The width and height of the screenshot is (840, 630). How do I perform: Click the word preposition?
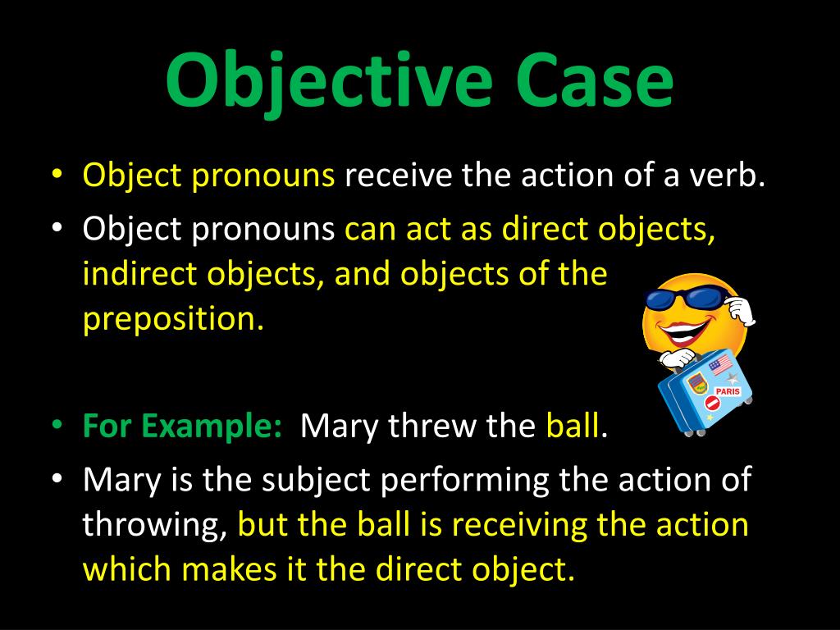[x=173, y=319]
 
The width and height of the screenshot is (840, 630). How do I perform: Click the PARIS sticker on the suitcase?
[x=727, y=391]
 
